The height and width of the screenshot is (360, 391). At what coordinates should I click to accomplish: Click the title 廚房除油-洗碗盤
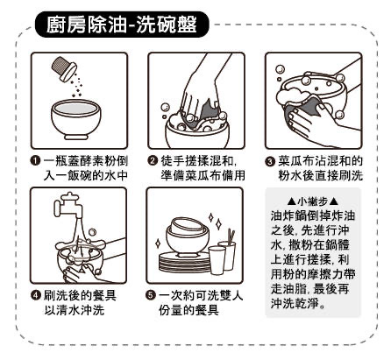point(122,24)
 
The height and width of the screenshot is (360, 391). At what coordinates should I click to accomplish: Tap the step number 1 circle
point(36,161)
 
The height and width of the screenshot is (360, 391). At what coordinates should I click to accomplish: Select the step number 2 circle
point(153,161)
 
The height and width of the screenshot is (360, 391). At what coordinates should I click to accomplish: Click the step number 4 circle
point(36,295)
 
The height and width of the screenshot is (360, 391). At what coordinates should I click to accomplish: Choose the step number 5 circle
point(151,295)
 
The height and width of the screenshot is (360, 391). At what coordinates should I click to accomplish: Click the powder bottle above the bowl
point(64,68)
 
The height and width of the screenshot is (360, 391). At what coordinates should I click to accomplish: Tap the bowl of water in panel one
point(76,119)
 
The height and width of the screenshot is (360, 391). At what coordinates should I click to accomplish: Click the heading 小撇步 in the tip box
point(313,201)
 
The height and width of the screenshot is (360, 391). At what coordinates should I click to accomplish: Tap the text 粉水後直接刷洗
point(320,176)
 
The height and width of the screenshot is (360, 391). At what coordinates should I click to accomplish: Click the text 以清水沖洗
point(74,310)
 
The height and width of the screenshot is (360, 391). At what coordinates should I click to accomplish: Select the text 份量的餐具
point(188,310)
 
